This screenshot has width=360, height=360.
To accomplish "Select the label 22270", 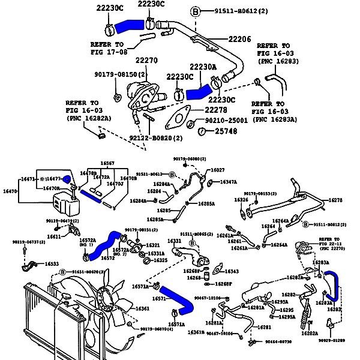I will [x=146, y=61].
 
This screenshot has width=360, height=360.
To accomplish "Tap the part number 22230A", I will [x=204, y=67].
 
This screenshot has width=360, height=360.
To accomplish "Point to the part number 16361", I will [x=142, y=308].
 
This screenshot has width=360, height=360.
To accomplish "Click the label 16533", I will [x=52, y=264].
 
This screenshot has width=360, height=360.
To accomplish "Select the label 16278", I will [x=337, y=200].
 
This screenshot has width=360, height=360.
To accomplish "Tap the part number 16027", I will [x=218, y=170].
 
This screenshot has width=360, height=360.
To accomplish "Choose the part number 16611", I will [x=55, y=236].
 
